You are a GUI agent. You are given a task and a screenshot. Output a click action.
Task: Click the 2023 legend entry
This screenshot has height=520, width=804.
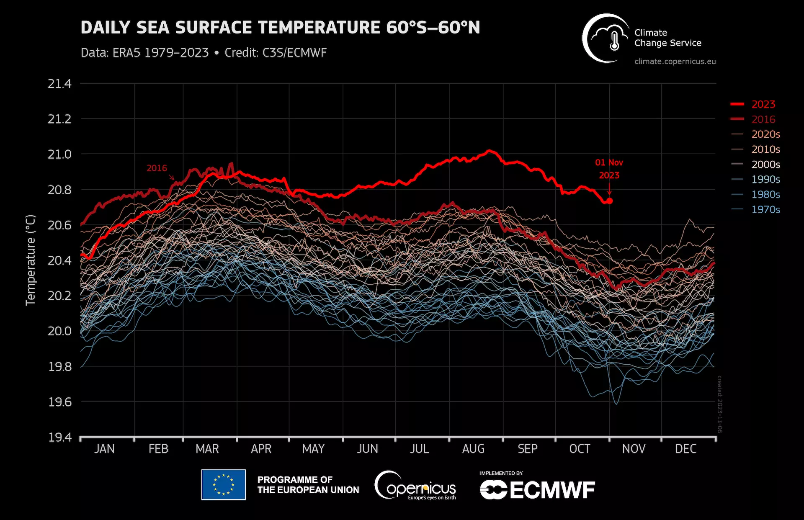763,104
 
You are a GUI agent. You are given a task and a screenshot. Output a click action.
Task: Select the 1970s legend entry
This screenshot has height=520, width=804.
765,209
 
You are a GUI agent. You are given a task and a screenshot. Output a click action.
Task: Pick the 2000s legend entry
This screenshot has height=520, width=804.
765,165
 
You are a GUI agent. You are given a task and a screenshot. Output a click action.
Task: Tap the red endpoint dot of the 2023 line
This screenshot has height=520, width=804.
610,201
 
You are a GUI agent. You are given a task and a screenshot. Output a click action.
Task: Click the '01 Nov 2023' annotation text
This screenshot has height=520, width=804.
609,169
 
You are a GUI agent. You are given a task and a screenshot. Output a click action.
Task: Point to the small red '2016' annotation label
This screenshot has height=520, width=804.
157,168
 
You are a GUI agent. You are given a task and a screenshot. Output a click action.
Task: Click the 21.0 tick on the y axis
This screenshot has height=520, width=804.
59,154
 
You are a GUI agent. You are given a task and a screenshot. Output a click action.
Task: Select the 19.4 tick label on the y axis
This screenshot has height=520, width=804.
59,438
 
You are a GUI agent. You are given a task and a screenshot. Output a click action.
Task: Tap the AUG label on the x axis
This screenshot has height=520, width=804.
473,449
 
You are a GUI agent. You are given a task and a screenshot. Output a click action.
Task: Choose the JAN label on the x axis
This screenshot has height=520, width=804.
104,449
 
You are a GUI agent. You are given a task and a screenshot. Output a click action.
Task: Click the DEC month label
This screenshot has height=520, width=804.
685,449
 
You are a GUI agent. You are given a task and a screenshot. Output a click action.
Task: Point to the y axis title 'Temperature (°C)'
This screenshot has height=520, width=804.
31,260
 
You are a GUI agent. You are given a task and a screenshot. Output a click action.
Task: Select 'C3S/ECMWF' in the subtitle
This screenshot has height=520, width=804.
294,53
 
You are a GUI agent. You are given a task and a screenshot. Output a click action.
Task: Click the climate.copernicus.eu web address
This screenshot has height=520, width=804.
675,62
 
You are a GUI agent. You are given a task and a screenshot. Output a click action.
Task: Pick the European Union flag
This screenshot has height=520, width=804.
223,484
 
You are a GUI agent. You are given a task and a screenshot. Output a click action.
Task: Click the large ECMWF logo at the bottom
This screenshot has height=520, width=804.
537,490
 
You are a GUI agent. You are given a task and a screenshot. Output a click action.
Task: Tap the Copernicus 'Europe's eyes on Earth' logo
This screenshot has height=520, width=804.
415,486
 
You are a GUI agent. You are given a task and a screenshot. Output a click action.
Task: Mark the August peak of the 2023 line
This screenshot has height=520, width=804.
489,151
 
